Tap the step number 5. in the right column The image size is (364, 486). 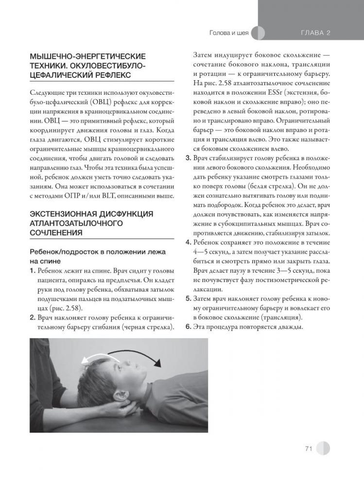[x=190, y=298]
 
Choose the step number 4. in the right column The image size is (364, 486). [x=190, y=243]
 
